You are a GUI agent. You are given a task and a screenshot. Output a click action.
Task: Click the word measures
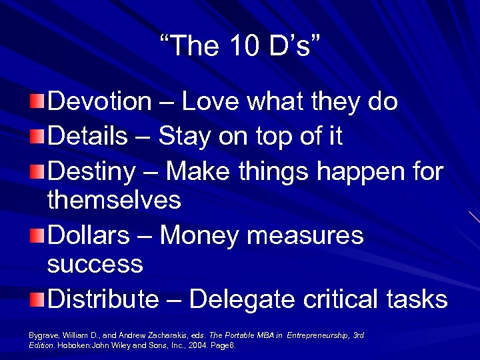[x=317, y=235]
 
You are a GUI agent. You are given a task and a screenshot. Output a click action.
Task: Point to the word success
[x=95, y=264]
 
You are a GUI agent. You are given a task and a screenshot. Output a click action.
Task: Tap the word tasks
[x=419, y=299]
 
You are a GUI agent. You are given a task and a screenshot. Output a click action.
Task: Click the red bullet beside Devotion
[x=37, y=102]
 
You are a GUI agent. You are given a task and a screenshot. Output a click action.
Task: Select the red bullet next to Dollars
[x=37, y=236]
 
